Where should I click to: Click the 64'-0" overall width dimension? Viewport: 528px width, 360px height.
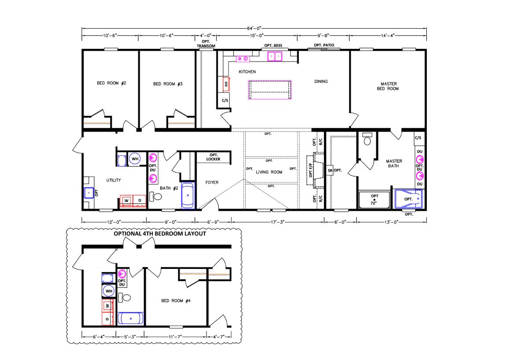point(254,28)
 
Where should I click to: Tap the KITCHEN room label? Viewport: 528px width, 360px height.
point(247,72)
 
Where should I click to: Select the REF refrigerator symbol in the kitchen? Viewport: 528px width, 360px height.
point(226,84)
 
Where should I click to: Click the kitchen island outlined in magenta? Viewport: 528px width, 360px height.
point(270,90)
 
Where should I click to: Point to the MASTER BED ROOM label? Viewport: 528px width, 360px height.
point(388,86)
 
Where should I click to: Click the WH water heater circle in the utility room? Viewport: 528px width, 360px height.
point(135,159)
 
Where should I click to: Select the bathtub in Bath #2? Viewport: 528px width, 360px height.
point(188,196)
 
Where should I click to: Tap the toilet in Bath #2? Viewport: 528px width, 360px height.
point(156,196)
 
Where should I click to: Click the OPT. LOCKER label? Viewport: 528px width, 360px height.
point(213,157)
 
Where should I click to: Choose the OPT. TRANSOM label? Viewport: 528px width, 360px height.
point(206,44)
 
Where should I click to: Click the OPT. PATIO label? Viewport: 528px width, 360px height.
point(324,45)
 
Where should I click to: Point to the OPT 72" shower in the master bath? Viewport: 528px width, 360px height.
point(374,200)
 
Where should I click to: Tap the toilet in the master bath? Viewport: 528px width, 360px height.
point(367,139)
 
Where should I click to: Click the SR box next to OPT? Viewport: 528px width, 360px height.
point(330,170)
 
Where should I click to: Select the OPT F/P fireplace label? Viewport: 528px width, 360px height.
point(311,170)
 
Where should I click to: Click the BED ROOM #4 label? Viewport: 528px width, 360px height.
point(176,301)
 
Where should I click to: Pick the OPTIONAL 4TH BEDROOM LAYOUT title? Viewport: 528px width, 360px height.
point(160,234)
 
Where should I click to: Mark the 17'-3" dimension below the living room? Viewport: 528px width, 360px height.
point(278,222)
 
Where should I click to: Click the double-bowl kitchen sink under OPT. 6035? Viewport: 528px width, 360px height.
point(275,57)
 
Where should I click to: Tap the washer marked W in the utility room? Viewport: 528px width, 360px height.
point(126,201)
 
